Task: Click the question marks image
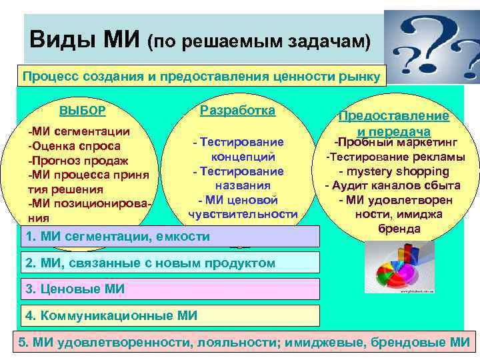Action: click(x=431, y=45)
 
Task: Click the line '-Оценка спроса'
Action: click(x=74, y=146)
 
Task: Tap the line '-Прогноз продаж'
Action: click(x=78, y=161)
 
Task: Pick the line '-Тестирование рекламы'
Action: click(x=395, y=157)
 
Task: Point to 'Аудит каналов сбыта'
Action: click(x=397, y=185)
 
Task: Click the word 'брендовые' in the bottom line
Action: click(x=397, y=343)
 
